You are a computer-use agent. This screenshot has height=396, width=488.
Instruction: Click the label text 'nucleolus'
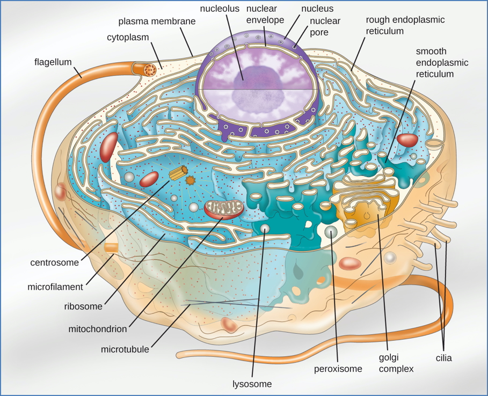220,9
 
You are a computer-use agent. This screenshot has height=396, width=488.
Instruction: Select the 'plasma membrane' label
157,21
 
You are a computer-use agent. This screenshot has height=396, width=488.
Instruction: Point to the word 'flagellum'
53,62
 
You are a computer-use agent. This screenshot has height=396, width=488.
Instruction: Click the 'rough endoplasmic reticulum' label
405,25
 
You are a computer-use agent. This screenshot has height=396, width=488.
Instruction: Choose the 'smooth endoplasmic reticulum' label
442,63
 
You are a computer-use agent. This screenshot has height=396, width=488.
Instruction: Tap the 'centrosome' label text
54,263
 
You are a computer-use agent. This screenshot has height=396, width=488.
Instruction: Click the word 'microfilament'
55,287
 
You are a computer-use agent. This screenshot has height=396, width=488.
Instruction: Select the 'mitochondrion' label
98,329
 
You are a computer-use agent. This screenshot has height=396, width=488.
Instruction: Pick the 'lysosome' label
252,384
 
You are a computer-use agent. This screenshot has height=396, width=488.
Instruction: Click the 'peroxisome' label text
338,369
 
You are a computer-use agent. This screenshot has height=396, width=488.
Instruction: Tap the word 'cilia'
443,358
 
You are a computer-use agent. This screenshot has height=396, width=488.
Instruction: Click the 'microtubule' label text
125,349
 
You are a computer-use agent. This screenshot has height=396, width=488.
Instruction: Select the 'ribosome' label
83,306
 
